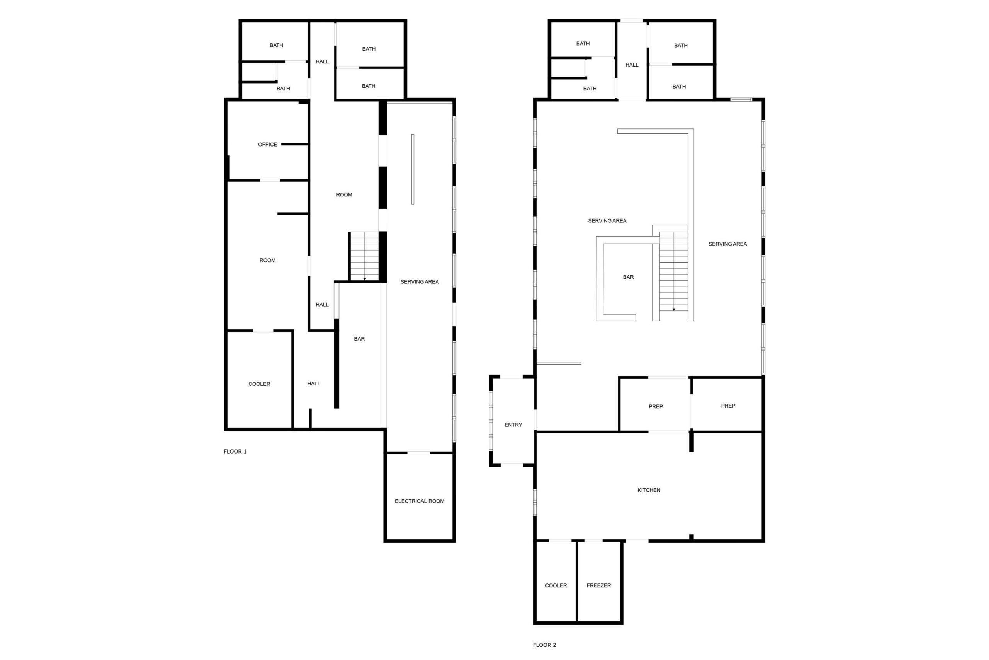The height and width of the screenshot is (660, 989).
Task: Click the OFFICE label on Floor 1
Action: (267, 144)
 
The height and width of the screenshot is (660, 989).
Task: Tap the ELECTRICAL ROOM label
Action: (419, 501)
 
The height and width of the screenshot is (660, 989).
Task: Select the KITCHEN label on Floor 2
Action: (649, 490)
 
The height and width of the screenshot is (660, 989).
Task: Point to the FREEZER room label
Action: (599, 585)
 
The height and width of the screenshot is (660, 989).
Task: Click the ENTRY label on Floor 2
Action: (513, 425)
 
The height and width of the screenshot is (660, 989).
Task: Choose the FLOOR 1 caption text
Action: (235, 452)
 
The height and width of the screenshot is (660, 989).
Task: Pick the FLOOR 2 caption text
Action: (545, 645)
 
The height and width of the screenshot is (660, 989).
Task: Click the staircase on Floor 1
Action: (365, 256)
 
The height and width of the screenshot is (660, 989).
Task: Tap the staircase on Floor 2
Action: (674, 271)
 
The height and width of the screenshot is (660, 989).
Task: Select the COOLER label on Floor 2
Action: (556, 585)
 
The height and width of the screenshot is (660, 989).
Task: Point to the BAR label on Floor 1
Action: (359, 339)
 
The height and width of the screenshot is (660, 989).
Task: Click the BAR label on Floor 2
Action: (628, 277)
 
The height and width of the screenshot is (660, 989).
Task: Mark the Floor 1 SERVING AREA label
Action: (419, 282)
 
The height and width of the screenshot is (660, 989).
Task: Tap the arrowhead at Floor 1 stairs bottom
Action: (365, 279)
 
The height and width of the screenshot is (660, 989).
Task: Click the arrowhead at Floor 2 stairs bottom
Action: (674, 310)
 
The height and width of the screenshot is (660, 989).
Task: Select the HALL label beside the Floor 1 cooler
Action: (314, 384)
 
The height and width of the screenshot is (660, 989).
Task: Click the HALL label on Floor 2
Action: (632, 65)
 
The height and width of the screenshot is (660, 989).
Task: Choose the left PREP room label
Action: (656, 407)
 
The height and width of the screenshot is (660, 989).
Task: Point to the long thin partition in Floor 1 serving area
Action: (413, 169)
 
